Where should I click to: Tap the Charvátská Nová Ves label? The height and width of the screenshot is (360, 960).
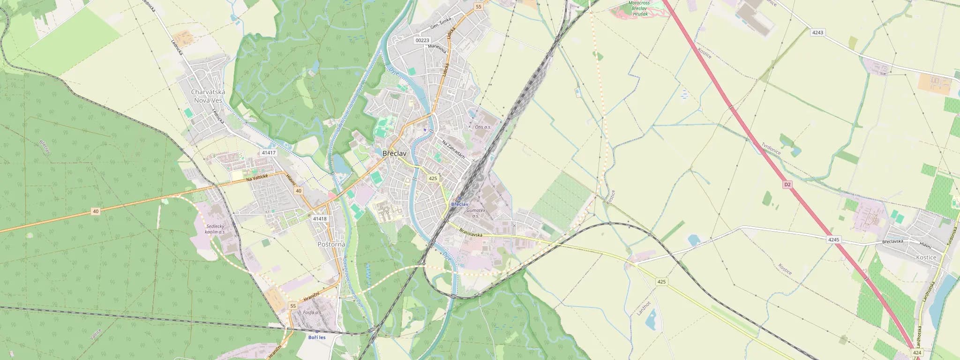(x=208, y=96)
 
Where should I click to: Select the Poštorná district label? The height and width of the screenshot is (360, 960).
(x=331, y=244)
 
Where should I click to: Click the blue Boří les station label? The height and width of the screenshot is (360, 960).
(x=317, y=337)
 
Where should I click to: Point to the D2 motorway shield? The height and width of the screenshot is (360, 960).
(x=787, y=185)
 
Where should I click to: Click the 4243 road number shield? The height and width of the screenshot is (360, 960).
(x=817, y=32)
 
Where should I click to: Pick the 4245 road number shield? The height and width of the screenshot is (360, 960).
(x=833, y=240)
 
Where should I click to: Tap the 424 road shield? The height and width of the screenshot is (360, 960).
(x=917, y=352)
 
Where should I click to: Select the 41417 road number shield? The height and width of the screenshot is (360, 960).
(x=269, y=153)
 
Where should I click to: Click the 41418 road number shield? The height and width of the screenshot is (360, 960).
(x=320, y=218)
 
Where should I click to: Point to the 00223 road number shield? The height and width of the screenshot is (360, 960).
(x=422, y=40)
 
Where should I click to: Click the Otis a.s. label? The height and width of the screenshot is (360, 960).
(x=483, y=127)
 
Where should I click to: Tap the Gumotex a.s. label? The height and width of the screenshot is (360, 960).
(x=476, y=213)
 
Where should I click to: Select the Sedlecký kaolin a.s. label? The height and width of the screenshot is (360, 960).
(x=216, y=229)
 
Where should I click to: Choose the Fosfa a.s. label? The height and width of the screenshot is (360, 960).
(x=312, y=312)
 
